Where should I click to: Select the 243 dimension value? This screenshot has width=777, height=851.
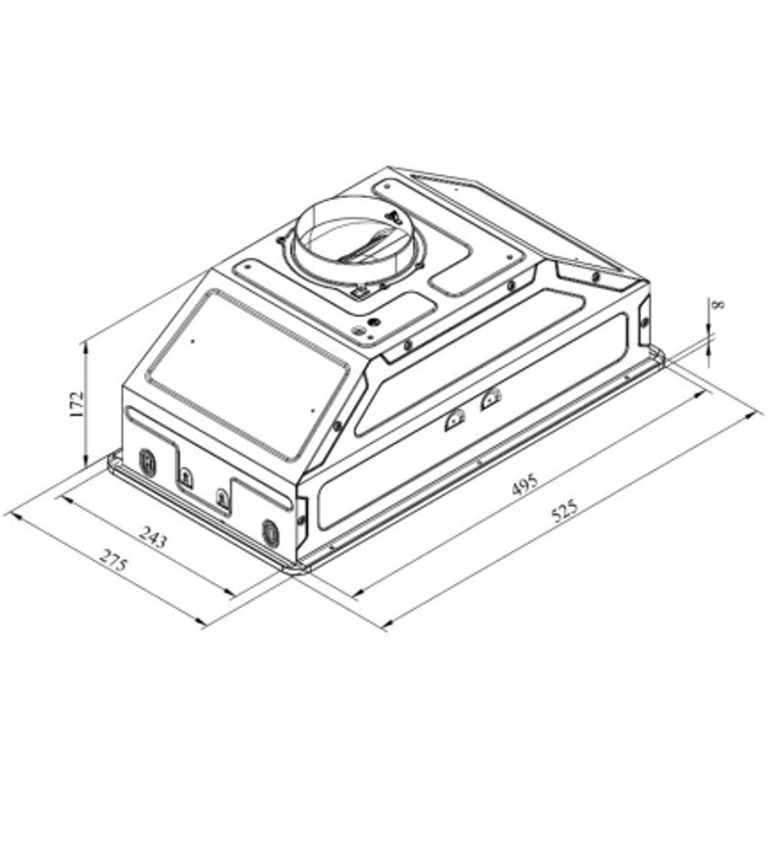[x=154, y=536]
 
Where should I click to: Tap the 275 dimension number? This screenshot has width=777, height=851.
[x=114, y=560]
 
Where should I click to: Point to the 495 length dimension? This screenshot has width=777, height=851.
[x=525, y=484]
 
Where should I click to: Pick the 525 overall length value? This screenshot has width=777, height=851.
[x=565, y=510]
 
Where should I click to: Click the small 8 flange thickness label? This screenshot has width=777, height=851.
[x=718, y=304]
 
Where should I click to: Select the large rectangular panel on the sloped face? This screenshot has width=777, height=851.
[x=248, y=374]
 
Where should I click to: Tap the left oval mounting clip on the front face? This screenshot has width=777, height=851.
[x=147, y=463]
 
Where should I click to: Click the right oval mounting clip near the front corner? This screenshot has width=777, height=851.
[x=270, y=532]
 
